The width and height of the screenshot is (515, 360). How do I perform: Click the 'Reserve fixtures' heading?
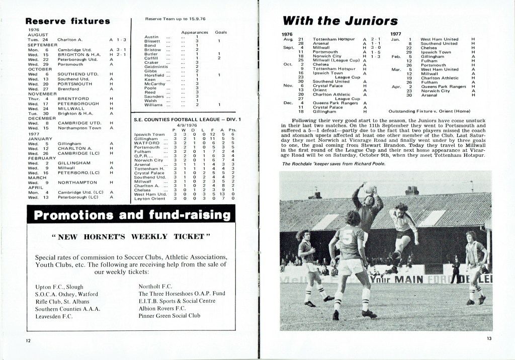(x=68, y=21)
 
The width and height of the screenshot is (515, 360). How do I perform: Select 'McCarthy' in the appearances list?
(x=154, y=83)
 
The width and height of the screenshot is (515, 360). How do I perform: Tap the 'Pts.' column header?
(x=232, y=130)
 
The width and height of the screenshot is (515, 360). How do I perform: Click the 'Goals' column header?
(x=220, y=32)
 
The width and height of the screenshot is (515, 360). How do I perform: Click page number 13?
(x=489, y=338)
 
